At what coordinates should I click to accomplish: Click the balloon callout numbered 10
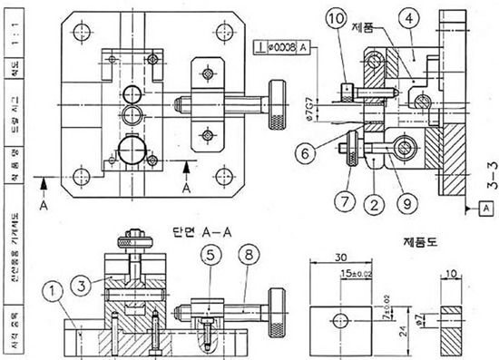pos(335,19)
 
